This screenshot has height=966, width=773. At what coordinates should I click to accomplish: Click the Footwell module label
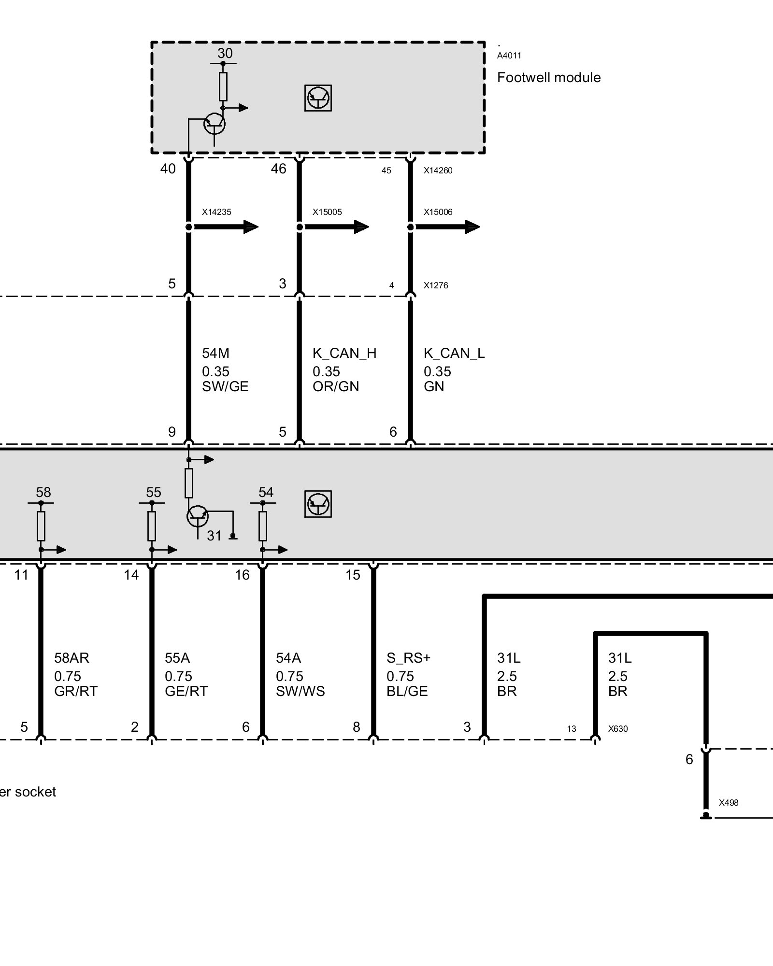549,78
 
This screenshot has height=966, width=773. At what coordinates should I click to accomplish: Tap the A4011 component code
509,56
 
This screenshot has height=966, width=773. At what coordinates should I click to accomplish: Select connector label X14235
216,212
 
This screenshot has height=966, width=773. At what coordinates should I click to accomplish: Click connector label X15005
327,212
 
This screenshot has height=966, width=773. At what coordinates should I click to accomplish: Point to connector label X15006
438,212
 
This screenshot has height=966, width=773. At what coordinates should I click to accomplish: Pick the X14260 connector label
438,170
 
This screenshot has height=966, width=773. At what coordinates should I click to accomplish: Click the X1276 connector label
436,285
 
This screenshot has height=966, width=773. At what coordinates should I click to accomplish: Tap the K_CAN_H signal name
344,354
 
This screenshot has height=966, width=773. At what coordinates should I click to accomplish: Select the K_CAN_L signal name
454,354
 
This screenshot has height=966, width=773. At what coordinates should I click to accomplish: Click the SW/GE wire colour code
225,387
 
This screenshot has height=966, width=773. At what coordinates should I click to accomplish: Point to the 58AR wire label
72,658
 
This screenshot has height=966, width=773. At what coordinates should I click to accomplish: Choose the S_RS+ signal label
408,658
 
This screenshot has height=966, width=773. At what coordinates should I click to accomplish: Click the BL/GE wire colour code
407,692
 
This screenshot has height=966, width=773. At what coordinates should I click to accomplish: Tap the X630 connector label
618,729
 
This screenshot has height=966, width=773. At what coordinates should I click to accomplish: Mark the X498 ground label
729,803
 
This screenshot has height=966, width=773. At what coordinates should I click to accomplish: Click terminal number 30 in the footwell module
225,53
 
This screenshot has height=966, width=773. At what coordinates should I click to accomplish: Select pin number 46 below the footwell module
279,169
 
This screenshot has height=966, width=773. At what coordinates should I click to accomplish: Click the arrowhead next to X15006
472,227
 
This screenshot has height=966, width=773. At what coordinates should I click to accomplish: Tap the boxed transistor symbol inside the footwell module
318,98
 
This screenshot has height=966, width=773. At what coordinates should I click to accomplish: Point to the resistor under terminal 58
41,526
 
